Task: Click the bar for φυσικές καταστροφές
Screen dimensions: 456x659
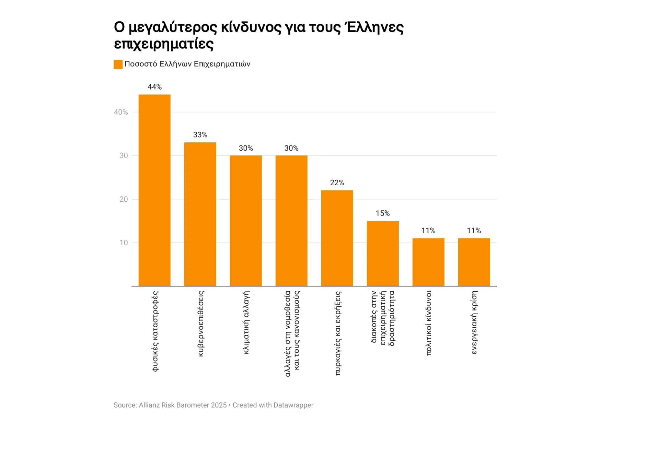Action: [154, 190]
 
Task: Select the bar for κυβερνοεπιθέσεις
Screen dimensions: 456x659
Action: [200, 214]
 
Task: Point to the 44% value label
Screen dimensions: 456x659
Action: [154, 87]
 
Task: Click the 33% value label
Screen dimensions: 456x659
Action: [200, 135]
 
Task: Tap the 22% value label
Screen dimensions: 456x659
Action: [337, 183]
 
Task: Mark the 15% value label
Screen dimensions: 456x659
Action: [383, 213]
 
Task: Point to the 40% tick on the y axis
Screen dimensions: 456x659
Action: [121, 112]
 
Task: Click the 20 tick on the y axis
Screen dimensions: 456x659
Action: [124, 199]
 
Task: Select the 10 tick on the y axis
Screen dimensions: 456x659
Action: [124, 243]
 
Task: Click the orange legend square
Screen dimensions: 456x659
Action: [118, 65]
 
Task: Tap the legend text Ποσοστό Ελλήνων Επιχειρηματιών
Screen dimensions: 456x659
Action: [187, 64]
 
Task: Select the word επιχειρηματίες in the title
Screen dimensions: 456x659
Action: [164, 44]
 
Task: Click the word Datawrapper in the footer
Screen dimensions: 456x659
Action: [293, 405]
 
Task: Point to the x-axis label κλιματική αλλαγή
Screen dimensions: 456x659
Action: [246, 323]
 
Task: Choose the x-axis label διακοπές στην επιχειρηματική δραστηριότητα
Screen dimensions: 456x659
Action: [383, 318]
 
